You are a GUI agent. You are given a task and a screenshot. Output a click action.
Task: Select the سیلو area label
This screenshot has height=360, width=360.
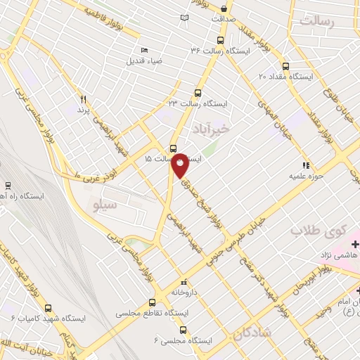pos(106,204)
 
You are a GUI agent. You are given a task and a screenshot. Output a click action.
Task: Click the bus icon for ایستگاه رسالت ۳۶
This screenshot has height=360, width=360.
pos(221,40)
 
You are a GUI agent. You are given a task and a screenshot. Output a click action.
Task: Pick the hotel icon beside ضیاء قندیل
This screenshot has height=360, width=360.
pos(144,50)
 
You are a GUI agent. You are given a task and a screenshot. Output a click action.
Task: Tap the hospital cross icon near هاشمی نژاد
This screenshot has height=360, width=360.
pos(355,244)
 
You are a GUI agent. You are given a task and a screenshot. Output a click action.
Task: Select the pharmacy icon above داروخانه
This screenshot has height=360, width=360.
pos(184,279)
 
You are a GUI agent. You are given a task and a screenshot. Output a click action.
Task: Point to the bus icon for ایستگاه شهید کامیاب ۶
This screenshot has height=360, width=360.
pos(48,307)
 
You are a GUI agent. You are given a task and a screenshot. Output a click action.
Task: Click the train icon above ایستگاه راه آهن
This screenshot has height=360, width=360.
pos(8,186)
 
